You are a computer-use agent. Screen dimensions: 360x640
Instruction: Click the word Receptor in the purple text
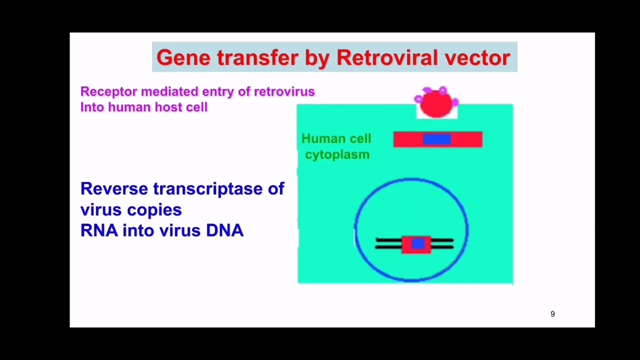108,91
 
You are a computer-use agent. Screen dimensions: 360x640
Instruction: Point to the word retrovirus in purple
284,91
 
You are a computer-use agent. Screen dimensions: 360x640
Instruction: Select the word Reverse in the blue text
114,188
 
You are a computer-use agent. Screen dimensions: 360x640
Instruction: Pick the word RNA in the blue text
99,230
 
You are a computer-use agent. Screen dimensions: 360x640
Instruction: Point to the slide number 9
552,314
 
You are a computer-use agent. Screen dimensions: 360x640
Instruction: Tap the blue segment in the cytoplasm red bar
437,139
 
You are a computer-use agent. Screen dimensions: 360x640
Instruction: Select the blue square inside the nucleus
418,243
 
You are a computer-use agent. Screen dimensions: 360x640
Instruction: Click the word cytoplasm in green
337,154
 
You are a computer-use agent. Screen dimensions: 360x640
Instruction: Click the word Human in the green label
323,139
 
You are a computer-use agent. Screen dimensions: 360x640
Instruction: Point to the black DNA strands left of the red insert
388,243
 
